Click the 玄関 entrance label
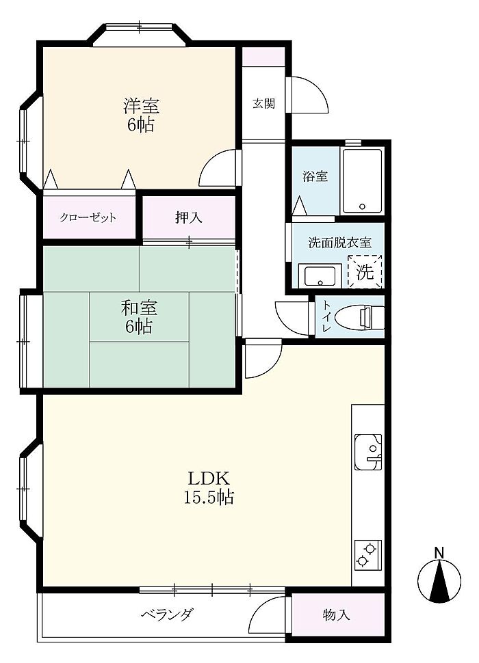point(263,104)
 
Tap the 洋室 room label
point(141,106)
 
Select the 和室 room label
point(139,308)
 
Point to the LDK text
point(209,479)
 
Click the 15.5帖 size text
point(209,498)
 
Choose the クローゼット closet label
point(88,218)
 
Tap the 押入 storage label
point(189,217)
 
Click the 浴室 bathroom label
point(315,176)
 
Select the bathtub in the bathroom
point(362,181)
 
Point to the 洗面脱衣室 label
point(340,243)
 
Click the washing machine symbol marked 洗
point(365,271)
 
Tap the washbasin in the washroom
point(320,275)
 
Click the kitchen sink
point(368,452)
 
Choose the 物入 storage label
point(337,614)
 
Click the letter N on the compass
point(439,553)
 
